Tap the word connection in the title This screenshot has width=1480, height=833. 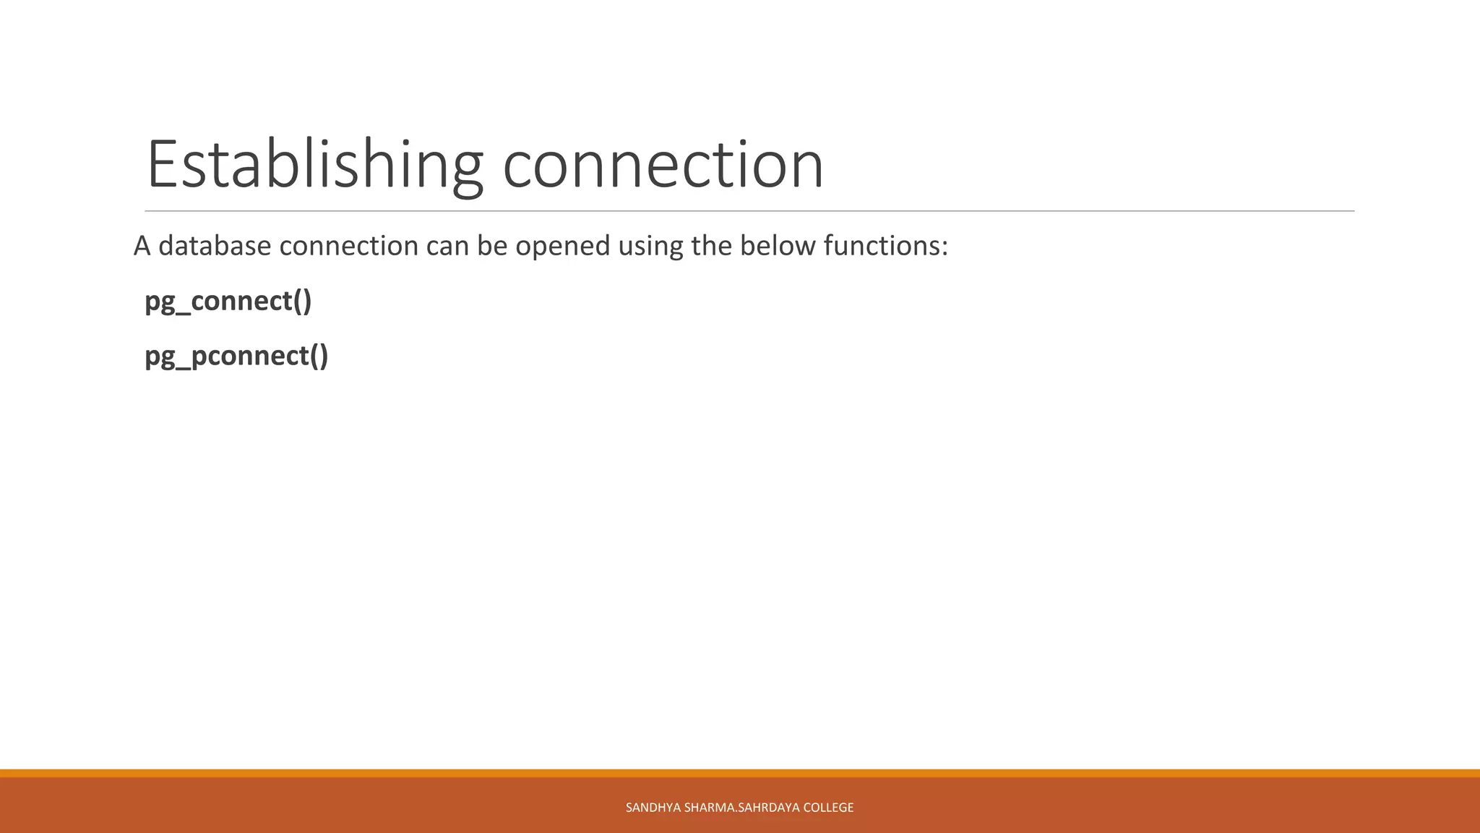coord(663,165)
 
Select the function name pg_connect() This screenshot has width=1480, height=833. coord(228,301)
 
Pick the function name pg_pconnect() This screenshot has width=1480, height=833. coord(236,356)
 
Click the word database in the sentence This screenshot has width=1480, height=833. coord(215,246)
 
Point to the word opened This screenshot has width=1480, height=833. coord(562,247)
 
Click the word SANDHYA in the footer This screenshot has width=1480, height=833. coord(653,808)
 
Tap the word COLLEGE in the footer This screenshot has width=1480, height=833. coord(828,808)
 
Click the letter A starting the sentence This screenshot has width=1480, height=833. coord(142,247)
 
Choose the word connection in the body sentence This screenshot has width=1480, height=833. coord(348,246)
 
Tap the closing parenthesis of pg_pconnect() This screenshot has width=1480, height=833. coord(323,356)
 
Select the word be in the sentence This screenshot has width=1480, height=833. coord(491,246)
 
